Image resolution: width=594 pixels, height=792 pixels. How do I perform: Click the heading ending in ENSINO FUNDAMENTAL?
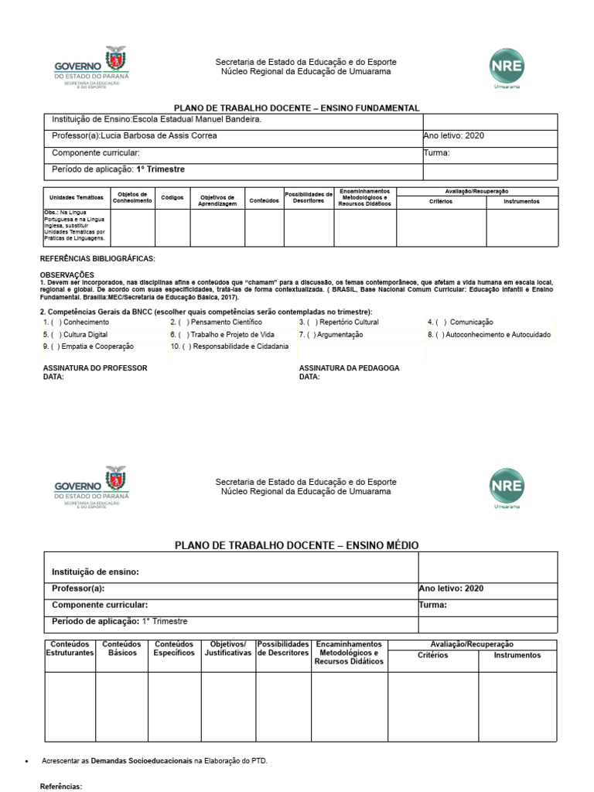[296, 108]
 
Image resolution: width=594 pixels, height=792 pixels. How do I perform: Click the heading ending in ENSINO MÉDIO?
[296, 545]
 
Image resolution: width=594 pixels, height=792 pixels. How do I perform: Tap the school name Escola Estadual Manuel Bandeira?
[198, 120]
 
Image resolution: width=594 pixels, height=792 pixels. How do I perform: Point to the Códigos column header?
[172, 198]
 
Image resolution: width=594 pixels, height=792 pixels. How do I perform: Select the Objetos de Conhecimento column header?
[132, 198]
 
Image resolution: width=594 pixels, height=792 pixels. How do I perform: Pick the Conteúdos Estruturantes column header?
[70, 648]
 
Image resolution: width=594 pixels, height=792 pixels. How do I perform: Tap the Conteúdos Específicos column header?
[173, 648]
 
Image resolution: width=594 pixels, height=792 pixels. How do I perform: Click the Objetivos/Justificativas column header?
[227, 648]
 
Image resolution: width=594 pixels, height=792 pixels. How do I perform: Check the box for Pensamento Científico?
[183, 322]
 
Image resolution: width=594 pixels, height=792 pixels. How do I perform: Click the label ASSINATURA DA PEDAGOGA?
[349, 368]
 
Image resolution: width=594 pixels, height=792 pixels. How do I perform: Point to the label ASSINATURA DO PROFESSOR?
[94, 368]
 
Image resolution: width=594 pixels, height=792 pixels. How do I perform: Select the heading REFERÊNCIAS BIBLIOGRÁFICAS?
[97, 258]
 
